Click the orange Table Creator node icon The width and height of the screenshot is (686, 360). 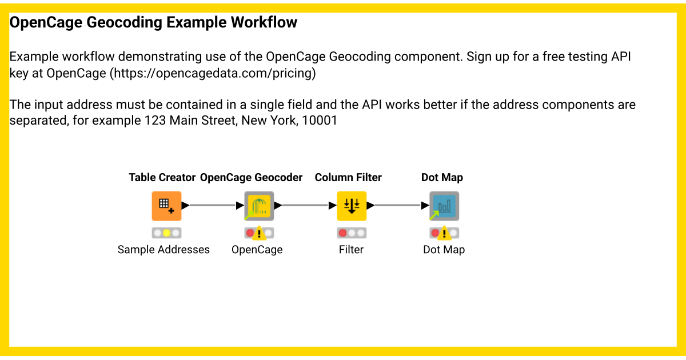(166, 206)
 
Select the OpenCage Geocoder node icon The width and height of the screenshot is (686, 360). (259, 206)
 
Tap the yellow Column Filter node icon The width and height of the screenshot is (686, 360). (352, 206)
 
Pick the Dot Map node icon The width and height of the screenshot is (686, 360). (444, 206)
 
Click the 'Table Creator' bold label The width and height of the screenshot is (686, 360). (162, 178)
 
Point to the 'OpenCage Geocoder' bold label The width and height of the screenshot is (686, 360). (251, 178)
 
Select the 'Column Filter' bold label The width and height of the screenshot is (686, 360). (348, 178)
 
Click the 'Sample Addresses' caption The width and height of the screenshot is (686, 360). (163, 250)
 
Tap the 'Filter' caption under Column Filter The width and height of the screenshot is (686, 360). (351, 250)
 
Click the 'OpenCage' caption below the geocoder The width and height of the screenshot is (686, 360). (257, 250)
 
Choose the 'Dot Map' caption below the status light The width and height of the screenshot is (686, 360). (444, 250)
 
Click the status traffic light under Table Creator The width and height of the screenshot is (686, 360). (166, 233)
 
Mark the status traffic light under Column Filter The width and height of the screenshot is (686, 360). (352, 233)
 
